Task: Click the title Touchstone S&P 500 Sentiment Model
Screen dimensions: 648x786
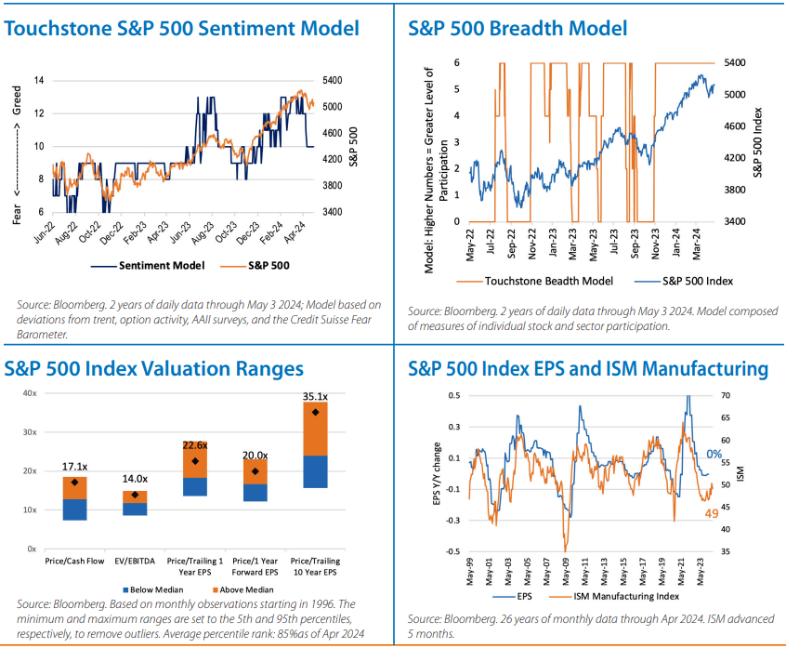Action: [181, 29]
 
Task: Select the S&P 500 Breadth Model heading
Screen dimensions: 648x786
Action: [517, 29]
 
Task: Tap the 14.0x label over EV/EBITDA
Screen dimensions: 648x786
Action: [136, 480]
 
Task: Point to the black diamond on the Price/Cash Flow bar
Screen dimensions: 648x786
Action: [74, 483]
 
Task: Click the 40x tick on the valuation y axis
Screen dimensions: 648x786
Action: [30, 393]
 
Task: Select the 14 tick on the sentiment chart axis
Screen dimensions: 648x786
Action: [41, 80]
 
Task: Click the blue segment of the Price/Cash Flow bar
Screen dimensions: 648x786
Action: [74, 509]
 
